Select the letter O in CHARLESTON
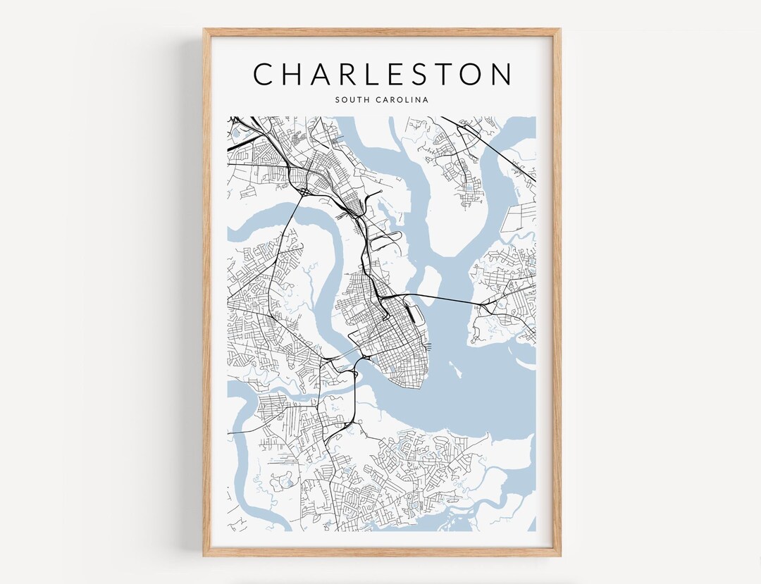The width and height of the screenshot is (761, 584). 469,74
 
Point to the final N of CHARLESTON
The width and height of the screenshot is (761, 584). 500,74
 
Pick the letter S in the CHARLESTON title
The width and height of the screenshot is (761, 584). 411,74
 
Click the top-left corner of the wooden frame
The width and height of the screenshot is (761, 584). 205,30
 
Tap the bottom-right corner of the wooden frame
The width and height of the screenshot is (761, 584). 560,555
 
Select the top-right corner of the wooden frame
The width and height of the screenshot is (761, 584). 560,30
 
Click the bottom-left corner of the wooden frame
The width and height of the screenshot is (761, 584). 205,555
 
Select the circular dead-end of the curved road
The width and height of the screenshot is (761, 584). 381,192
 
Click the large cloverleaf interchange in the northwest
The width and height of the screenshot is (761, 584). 302,190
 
